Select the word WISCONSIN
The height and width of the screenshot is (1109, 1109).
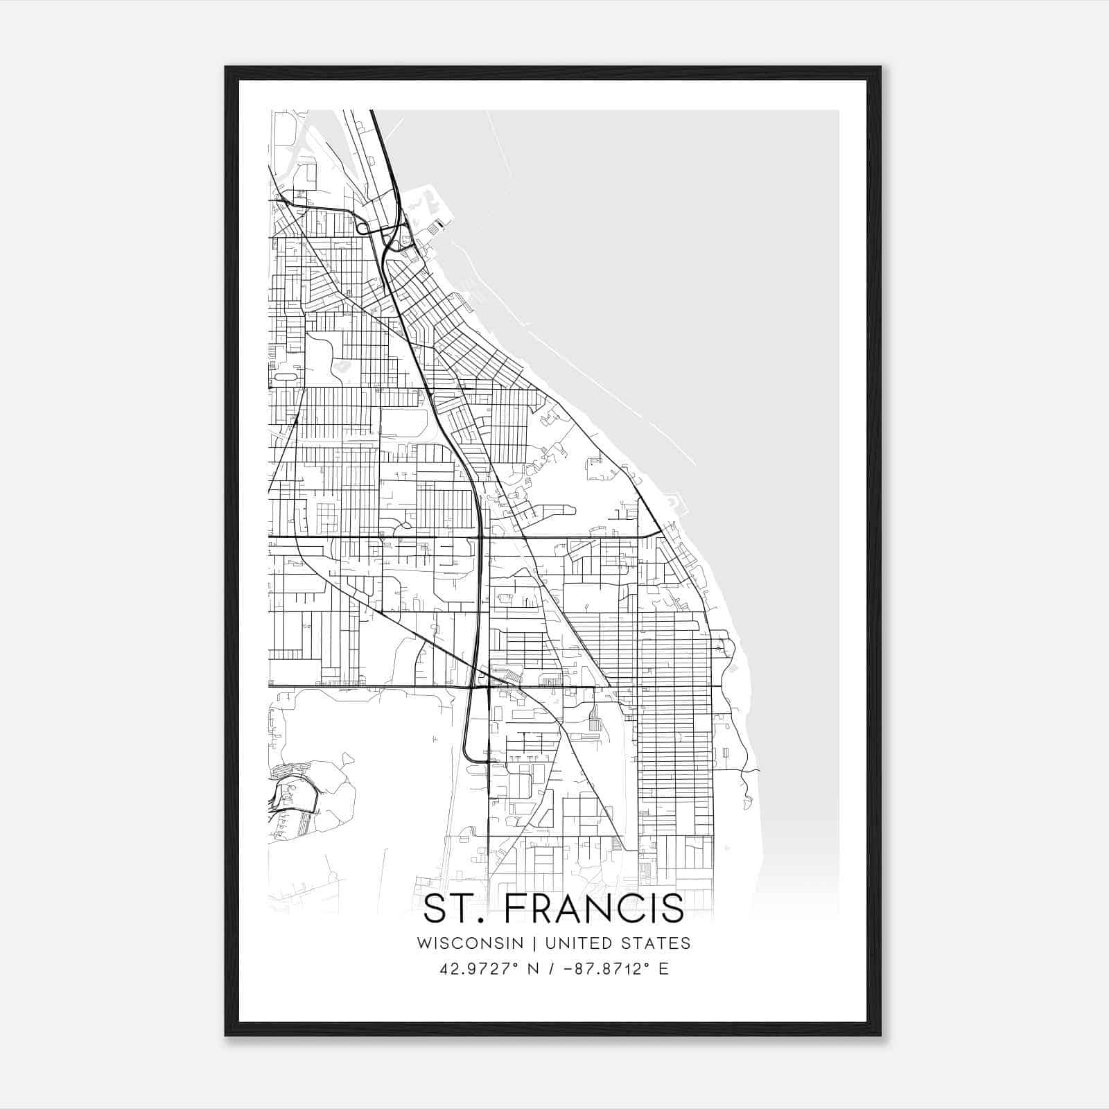(x=470, y=943)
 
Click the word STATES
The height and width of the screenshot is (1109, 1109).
(x=657, y=943)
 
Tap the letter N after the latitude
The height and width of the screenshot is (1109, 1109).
(x=534, y=969)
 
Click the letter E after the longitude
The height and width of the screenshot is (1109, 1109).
(x=664, y=969)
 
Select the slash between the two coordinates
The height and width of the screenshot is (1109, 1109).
(x=550, y=969)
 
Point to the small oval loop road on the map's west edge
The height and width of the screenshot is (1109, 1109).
(x=285, y=376)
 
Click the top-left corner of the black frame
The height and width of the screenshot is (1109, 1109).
(x=227, y=68)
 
